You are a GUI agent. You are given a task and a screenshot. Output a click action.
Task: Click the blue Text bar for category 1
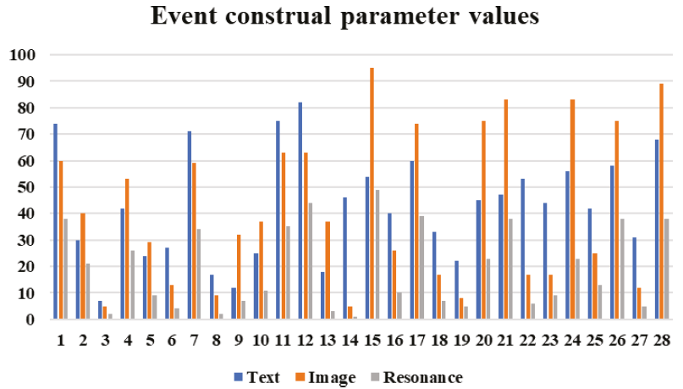click(55, 221)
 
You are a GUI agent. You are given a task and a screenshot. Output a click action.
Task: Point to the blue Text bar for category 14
click(344, 258)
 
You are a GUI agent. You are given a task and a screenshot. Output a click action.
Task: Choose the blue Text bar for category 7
click(190, 225)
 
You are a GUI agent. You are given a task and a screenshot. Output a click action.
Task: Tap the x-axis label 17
click(416, 339)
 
